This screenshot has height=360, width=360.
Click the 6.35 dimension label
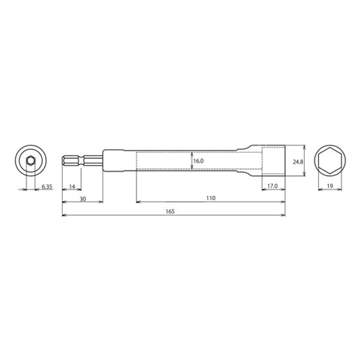[47, 187]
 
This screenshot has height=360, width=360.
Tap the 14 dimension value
[72, 187]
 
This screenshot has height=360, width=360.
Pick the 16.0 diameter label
[199, 161]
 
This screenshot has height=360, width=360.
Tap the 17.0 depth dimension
[272, 187]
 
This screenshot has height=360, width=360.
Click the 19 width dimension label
[329, 187]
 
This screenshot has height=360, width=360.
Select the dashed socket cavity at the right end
[273, 161]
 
